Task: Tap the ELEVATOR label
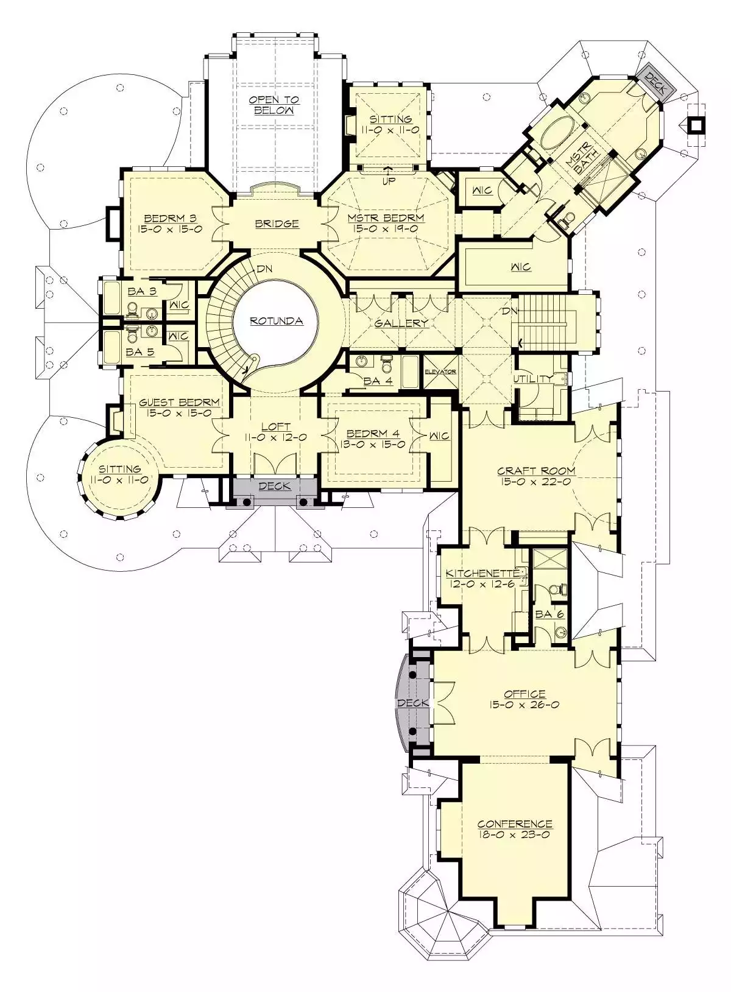tap(440, 371)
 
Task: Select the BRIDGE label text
tap(277, 223)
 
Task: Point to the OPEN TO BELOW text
tap(274, 105)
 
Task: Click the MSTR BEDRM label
tap(386, 218)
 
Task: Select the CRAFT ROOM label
tap(536, 471)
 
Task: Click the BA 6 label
tap(549, 614)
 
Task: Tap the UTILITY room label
tap(533, 379)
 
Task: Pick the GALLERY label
tap(401, 323)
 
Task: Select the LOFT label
tap(276, 426)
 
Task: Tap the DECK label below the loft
tap(275, 486)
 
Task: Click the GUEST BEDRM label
tap(180, 403)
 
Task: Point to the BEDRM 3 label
tap(171, 218)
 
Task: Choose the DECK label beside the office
tap(413, 703)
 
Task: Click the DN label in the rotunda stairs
tap(264, 269)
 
